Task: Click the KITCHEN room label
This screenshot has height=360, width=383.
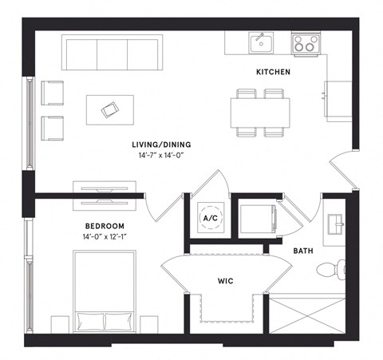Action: tap(272, 73)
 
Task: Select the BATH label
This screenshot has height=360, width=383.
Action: tap(302, 251)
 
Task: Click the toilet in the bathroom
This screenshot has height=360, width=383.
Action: tap(330, 271)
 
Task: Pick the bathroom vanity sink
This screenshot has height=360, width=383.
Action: tap(334, 223)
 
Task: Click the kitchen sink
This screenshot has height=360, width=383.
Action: tap(259, 42)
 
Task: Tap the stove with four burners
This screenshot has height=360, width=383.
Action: tap(304, 43)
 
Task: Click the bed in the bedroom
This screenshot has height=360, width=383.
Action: tap(105, 291)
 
